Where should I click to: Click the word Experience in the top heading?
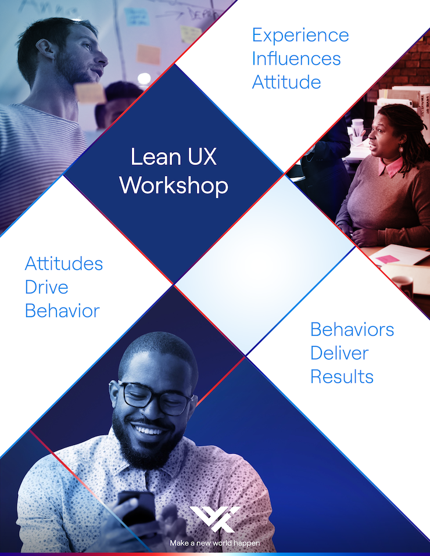click(x=300, y=35)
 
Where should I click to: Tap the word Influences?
click(x=296, y=59)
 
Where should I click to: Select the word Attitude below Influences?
click(x=286, y=82)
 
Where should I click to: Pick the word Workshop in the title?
click(x=174, y=185)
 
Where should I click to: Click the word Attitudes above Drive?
click(x=64, y=263)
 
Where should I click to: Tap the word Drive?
click(x=46, y=287)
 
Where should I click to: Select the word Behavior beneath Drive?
click(x=62, y=311)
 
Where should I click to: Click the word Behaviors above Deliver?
click(x=352, y=329)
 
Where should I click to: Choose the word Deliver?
click(x=339, y=353)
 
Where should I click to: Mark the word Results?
click(x=342, y=376)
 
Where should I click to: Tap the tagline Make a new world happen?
click(x=215, y=543)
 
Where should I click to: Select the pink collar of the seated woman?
click(x=390, y=167)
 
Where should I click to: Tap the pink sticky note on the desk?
click(x=385, y=259)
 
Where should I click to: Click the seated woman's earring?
click(x=401, y=149)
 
